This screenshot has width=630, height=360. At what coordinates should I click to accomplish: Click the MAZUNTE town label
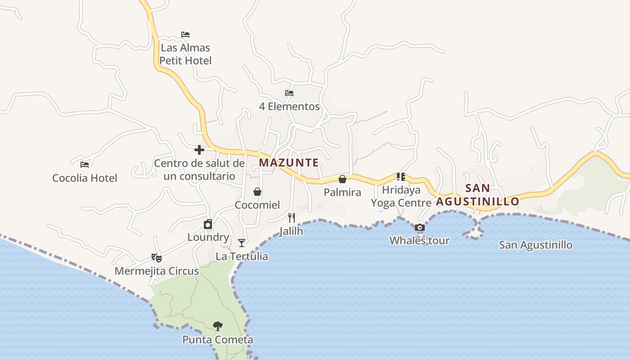(289, 162)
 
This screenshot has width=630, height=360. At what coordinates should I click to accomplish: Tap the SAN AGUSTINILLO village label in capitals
(477, 195)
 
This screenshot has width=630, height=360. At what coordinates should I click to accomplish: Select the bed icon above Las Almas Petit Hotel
(185, 35)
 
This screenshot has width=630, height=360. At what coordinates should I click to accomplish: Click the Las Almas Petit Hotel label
(185, 54)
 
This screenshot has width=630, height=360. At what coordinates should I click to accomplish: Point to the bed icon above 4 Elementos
(289, 94)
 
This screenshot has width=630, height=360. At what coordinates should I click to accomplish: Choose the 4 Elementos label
(289, 107)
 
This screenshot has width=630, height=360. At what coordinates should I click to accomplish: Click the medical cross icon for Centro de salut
(199, 150)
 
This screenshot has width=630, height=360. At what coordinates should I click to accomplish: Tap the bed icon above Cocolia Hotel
(85, 165)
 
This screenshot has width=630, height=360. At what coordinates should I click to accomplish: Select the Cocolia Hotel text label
(85, 178)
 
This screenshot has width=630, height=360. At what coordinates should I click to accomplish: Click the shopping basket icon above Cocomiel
(257, 192)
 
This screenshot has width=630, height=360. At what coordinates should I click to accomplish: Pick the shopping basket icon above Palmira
(342, 179)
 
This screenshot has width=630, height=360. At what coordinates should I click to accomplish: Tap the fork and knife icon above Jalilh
(292, 218)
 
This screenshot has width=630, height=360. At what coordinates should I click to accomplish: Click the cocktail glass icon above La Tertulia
(242, 243)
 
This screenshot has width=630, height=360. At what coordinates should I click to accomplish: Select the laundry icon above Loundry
(208, 224)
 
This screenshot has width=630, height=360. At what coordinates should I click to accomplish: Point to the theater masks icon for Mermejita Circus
(157, 258)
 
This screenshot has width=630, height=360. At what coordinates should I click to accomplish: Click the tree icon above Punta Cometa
(218, 326)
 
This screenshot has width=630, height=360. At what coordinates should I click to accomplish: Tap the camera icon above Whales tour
(419, 228)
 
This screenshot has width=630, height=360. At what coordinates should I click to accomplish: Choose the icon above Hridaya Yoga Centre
(401, 177)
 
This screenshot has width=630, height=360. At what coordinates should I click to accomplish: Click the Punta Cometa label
(218, 340)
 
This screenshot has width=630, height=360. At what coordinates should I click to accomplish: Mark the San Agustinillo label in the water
(535, 245)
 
